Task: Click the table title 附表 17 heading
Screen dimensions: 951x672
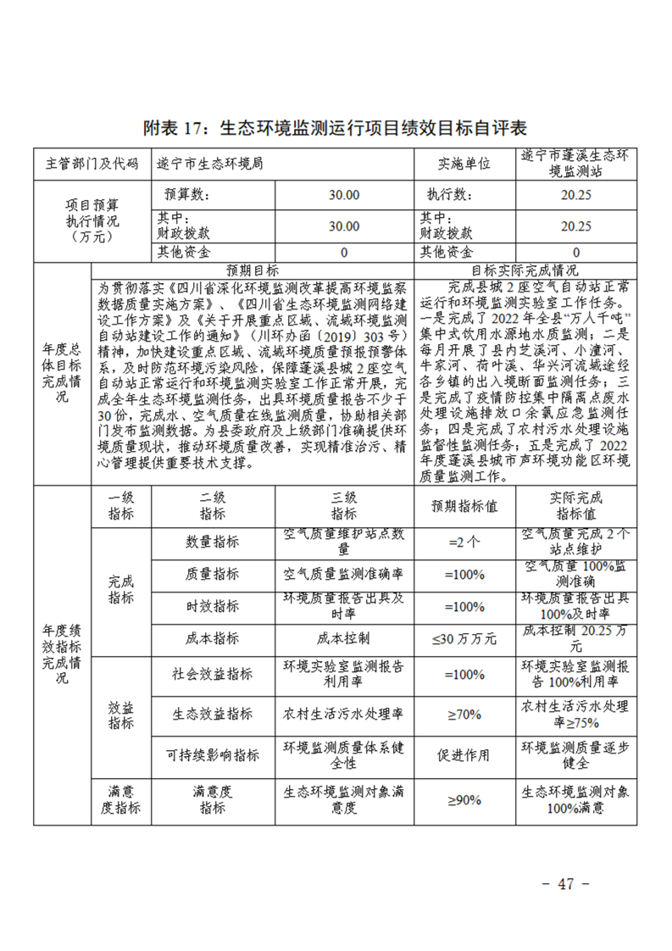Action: (x=336, y=128)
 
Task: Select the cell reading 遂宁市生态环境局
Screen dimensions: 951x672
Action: (x=210, y=164)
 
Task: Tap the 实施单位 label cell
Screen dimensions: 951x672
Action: (x=464, y=164)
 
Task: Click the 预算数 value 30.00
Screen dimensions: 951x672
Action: (x=344, y=195)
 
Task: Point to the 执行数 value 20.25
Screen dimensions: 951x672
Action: (x=576, y=195)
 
